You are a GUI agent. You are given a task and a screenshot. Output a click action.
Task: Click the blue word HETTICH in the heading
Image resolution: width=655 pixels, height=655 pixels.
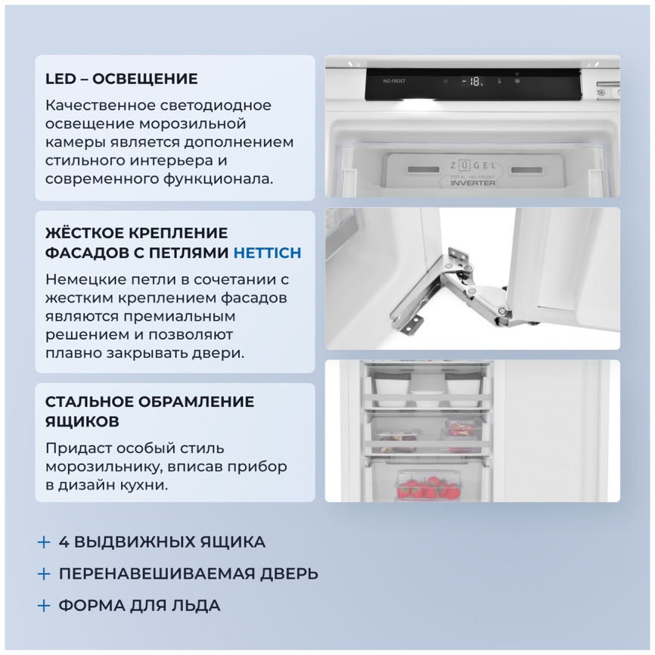click(267, 253)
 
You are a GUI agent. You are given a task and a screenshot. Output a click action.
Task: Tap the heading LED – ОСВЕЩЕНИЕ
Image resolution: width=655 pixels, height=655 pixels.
click(121, 79)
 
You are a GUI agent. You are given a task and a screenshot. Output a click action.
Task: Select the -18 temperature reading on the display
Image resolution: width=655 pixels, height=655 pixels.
click(473, 82)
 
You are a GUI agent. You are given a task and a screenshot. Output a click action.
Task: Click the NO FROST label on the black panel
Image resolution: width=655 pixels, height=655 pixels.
click(393, 81)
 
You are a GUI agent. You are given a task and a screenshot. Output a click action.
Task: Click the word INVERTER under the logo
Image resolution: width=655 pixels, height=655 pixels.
click(473, 183)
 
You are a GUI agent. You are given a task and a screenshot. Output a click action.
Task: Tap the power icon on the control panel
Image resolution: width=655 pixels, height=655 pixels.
click(445, 81)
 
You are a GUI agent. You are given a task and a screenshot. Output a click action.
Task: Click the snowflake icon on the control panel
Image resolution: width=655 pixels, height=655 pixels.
click(517, 81)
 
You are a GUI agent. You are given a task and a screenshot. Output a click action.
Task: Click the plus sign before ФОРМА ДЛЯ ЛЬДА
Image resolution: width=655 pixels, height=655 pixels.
click(44, 605)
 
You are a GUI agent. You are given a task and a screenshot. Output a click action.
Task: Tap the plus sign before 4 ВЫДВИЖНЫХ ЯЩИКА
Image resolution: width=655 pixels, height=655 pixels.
click(44, 542)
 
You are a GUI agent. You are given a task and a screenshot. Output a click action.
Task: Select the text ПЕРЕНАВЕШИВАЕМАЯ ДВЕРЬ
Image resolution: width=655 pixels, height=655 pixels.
click(188, 573)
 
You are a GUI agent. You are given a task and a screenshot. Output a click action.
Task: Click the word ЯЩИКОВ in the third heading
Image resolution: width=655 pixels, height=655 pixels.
click(82, 421)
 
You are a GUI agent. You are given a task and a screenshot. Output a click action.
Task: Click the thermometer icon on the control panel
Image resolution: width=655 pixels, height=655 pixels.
click(500, 81)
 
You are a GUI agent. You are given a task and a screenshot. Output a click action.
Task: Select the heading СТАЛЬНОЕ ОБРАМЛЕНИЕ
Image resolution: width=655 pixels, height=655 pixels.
click(149, 402)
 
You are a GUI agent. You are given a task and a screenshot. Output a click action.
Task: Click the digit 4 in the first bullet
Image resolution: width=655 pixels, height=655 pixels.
click(64, 542)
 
